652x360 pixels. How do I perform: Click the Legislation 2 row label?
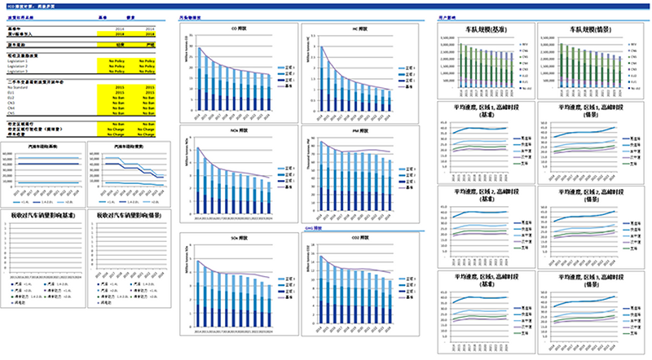(18, 66)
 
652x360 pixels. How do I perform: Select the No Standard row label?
(17, 88)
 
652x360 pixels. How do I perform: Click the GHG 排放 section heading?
(315, 230)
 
